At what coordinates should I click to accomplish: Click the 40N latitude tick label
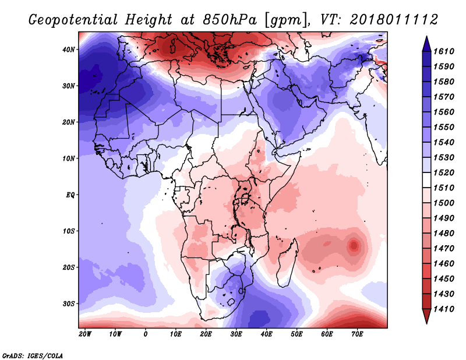(x=68, y=50)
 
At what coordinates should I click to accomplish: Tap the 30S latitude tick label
(x=69, y=304)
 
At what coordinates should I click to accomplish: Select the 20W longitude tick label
(x=85, y=334)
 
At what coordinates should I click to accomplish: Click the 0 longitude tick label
(x=145, y=334)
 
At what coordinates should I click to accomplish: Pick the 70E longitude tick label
(x=357, y=334)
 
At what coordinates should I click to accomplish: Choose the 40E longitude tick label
(x=266, y=334)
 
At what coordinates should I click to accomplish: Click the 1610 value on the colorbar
(x=444, y=51)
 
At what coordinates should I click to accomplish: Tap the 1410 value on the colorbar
(x=444, y=309)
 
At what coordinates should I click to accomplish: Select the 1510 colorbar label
(x=444, y=188)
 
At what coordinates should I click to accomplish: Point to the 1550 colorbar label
(x=444, y=127)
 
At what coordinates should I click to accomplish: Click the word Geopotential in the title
(x=73, y=20)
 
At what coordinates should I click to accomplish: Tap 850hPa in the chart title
(x=230, y=20)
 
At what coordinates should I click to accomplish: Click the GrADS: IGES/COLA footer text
(x=33, y=356)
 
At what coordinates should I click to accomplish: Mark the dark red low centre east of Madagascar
(x=354, y=246)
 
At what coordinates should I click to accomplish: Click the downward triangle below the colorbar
(x=426, y=316)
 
